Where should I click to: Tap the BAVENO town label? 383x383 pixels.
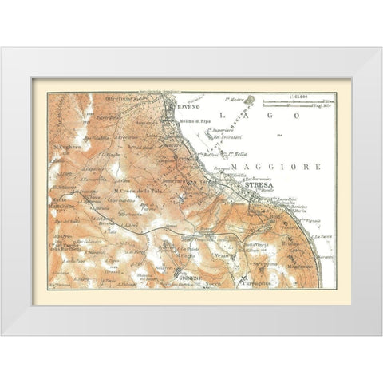click(x=180, y=104)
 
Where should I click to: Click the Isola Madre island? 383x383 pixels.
click(x=248, y=101)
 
